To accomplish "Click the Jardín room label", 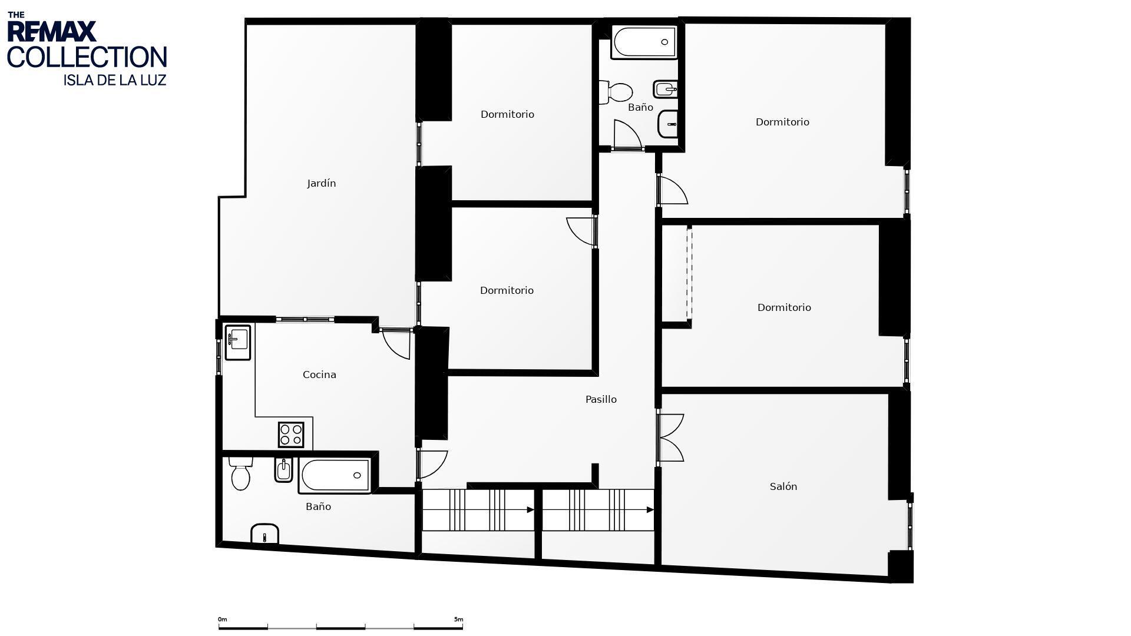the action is click(x=321, y=184).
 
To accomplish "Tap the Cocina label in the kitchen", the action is click(x=319, y=375).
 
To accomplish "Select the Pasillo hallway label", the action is click(x=601, y=399).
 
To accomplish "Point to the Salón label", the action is click(x=783, y=486).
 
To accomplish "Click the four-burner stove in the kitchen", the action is click(x=291, y=435).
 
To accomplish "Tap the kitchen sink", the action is click(x=237, y=342).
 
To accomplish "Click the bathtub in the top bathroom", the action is click(x=644, y=42).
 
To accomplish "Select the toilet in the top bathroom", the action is click(x=616, y=92).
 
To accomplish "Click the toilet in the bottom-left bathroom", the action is click(x=240, y=473).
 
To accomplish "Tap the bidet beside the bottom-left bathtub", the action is click(x=283, y=470).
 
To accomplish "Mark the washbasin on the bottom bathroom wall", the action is click(x=264, y=534).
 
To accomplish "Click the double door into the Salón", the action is click(x=670, y=438).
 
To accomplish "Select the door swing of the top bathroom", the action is click(x=627, y=134).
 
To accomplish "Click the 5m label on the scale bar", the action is click(x=458, y=620).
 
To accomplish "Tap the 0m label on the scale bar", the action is click(x=222, y=620).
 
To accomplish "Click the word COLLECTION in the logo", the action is click(x=87, y=57).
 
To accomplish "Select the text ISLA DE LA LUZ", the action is click(x=115, y=80).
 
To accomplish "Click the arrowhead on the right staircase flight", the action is click(x=650, y=510).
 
